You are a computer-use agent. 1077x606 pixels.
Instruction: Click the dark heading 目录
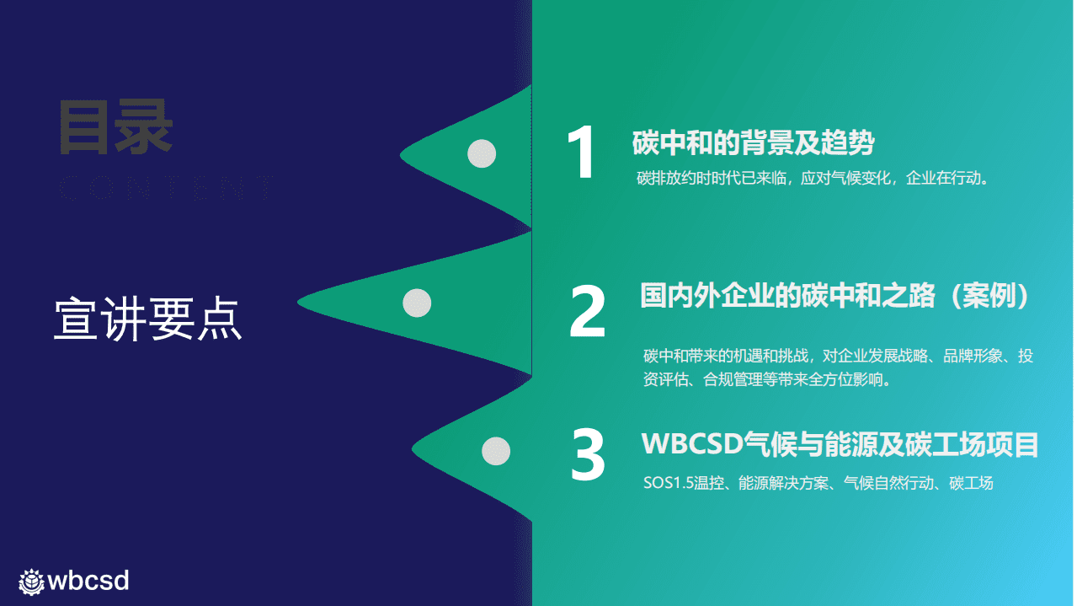click(x=115, y=128)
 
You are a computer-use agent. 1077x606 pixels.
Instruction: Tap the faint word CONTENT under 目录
click(x=164, y=190)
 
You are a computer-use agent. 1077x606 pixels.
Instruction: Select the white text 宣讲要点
click(x=148, y=319)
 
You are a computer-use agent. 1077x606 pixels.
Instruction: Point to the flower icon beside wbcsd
click(x=32, y=581)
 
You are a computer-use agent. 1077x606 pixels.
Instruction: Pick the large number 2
click(x=588, y=311)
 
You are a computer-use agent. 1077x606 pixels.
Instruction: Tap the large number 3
click(x=588, y=455)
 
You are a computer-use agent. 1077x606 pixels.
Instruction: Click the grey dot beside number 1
click(x=482, y=153)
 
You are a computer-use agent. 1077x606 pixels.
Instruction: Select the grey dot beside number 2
click(x=417, y=303)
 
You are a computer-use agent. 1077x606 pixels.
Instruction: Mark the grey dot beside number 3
click(x=496, y=451)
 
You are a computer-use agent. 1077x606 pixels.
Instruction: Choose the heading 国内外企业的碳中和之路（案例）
click(x=836, y=296)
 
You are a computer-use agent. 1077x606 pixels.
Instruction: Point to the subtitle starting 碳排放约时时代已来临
click(x=812, y=179)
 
